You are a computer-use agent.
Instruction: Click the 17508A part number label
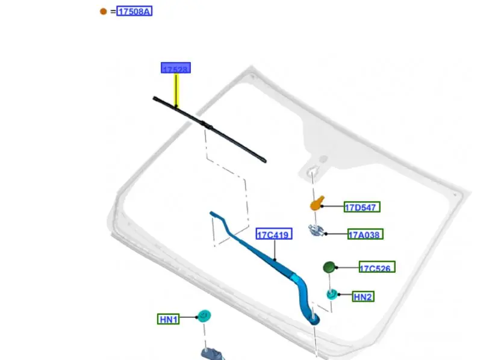(134, 11)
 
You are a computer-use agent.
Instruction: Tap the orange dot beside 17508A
(104, 11)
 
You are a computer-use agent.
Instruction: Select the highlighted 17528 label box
(175, 68)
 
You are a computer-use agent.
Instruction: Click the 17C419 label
(274, 235)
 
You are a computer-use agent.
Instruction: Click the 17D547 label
(361, 207)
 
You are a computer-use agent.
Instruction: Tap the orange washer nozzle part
(317, 203)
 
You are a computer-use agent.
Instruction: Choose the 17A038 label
(364, 235)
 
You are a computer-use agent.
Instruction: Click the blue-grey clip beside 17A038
(317, 231)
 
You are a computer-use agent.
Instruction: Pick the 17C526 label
(377, 267)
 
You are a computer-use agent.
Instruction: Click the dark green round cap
(329, 267)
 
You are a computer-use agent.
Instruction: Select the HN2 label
(363, 296)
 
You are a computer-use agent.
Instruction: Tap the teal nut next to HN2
(332, 294)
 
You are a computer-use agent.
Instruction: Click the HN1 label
(168, 319)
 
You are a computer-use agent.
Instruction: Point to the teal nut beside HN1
(205, 315)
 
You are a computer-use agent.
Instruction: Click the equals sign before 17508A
(113, 11)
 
